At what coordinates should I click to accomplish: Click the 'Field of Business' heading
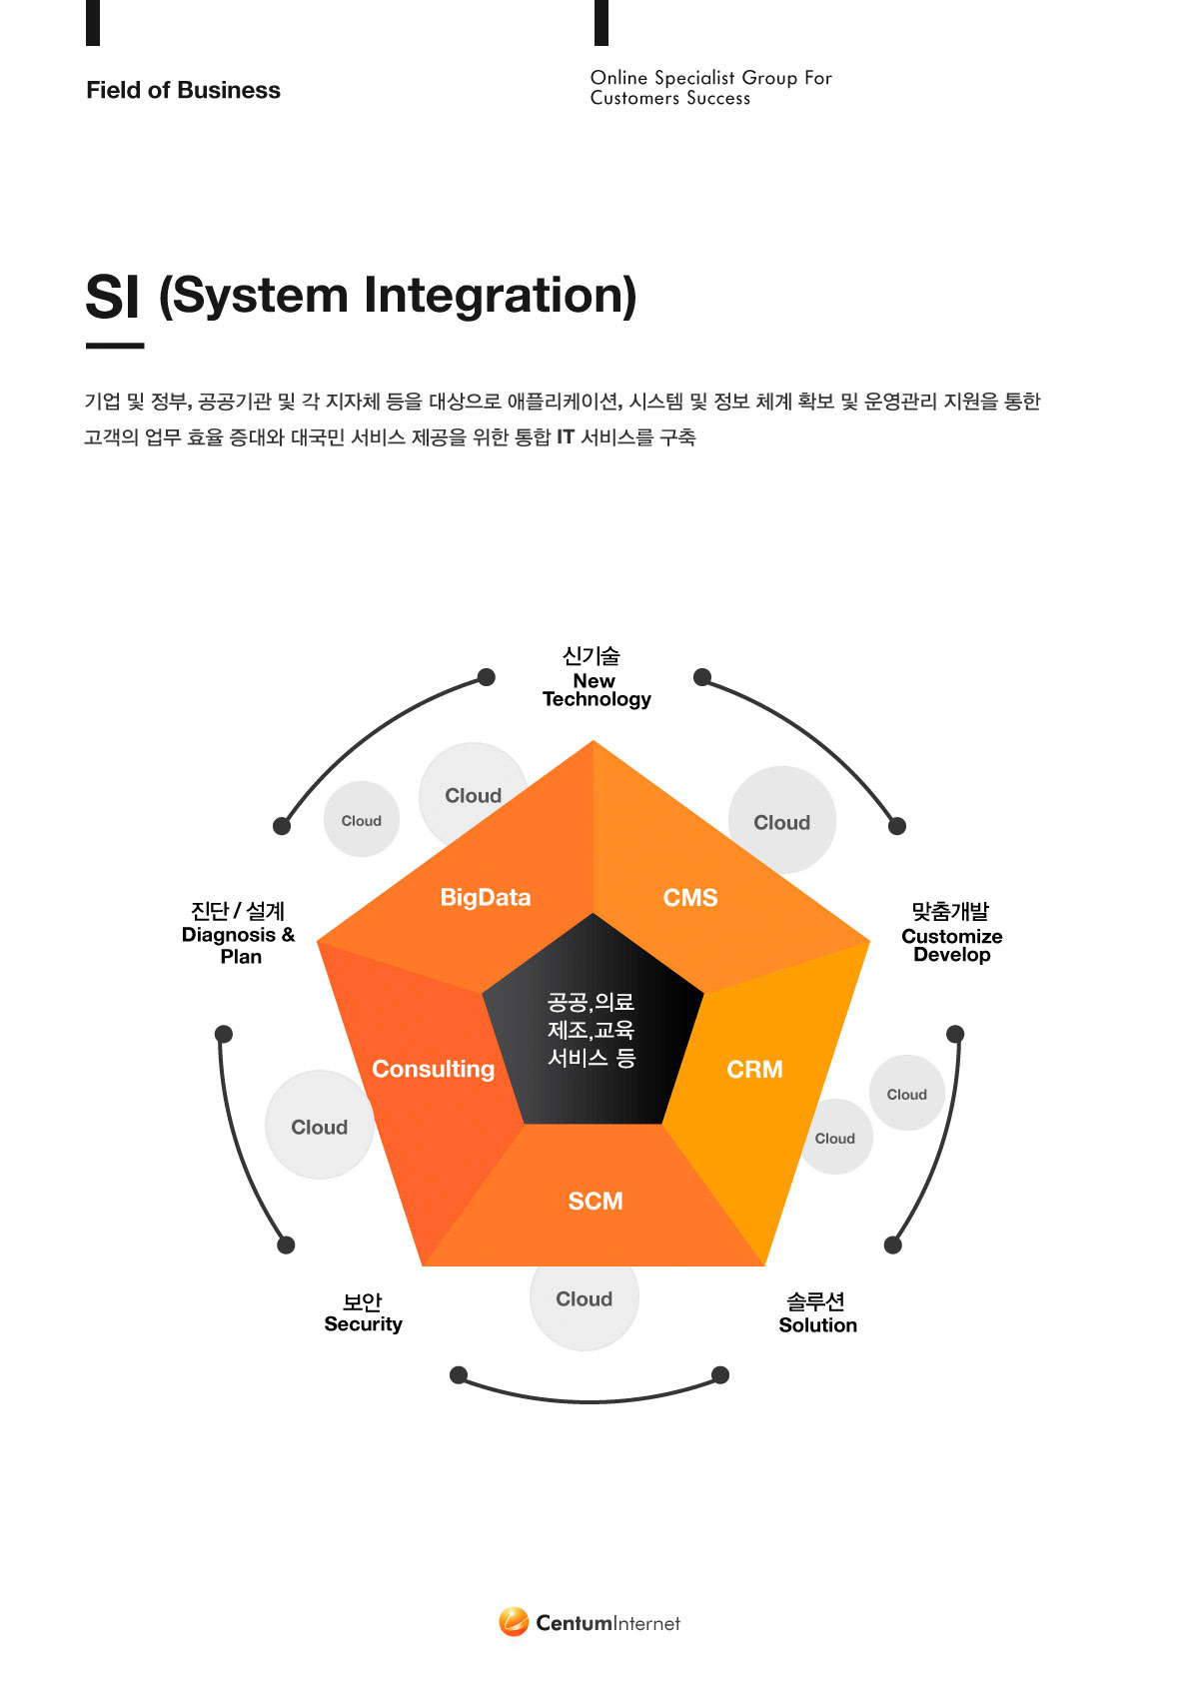point(183,90)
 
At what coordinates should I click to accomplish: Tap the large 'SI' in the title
point(112,297)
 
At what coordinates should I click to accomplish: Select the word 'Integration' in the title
point(500,296)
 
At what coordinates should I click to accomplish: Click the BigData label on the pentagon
point(486,897)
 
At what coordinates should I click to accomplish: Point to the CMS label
point(690,898)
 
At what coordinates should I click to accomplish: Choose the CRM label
point(754,1070)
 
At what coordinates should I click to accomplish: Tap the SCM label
point(595,1201)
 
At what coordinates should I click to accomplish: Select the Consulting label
point(433,1069)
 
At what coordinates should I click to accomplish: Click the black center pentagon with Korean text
point(592,1030)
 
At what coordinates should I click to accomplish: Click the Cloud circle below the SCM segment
point(585,1304)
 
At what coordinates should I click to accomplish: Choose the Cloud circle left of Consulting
point(319,1126)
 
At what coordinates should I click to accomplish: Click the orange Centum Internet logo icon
point(514,1622)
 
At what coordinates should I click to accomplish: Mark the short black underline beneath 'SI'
point(115,346)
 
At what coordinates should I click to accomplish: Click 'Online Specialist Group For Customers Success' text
point(710,88)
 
